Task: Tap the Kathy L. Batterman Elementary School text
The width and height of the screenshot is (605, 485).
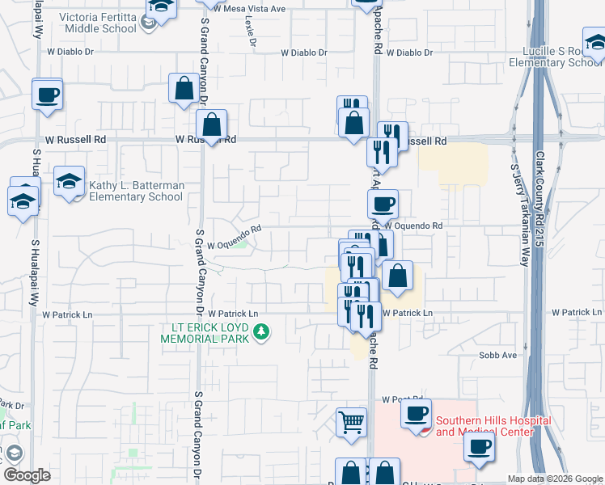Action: point(136,191)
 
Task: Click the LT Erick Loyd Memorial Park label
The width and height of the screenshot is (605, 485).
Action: point(204,334)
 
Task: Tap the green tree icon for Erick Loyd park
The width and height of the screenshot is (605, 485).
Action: point(261,331)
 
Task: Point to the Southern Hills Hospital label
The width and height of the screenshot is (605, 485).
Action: point(493,426)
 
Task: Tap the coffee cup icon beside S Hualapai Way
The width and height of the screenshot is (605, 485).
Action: point(48,94)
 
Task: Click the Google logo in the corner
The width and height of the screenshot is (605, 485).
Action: point(27,475)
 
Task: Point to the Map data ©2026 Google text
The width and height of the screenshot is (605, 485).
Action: point(555,479)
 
